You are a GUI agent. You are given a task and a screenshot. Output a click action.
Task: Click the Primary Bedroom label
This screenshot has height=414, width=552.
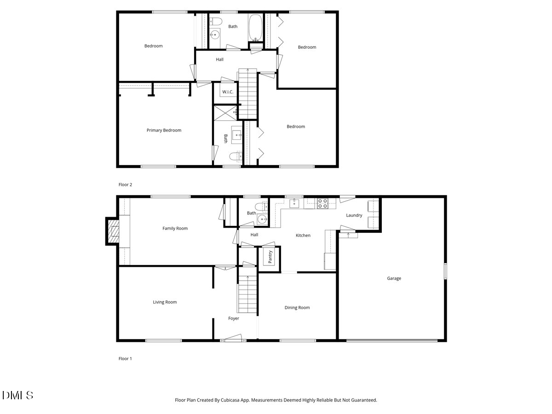(164, 130)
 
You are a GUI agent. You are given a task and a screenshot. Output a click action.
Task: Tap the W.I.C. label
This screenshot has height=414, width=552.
(228, 92)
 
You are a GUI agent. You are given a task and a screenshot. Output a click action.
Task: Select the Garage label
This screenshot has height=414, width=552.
(394, 278)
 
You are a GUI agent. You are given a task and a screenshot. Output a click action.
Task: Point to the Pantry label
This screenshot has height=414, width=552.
(270, 257)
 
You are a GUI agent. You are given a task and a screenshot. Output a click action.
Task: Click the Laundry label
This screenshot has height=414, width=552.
(354, 215)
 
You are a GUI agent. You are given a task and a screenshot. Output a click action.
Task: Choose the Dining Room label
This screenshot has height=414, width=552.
(297, 308)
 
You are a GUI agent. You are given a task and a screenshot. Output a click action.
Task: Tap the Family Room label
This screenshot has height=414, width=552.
(175, 228)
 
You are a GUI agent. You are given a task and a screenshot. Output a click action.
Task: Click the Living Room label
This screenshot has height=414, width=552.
(165, 302)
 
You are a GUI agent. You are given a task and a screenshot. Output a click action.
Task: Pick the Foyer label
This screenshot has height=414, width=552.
(234, 318)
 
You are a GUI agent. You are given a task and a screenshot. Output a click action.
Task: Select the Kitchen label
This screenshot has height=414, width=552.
(303, 236)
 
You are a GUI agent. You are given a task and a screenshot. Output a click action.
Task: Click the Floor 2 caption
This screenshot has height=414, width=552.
(125, 185)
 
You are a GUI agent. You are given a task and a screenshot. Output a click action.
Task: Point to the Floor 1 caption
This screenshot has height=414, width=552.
(125, 359)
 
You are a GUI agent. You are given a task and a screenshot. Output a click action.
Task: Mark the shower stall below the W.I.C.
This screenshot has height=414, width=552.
(225, 113)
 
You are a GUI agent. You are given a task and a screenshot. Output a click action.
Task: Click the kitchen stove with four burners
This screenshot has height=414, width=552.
(322, 203)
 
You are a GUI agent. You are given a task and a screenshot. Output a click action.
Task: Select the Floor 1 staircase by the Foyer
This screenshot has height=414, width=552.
(247, 294)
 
